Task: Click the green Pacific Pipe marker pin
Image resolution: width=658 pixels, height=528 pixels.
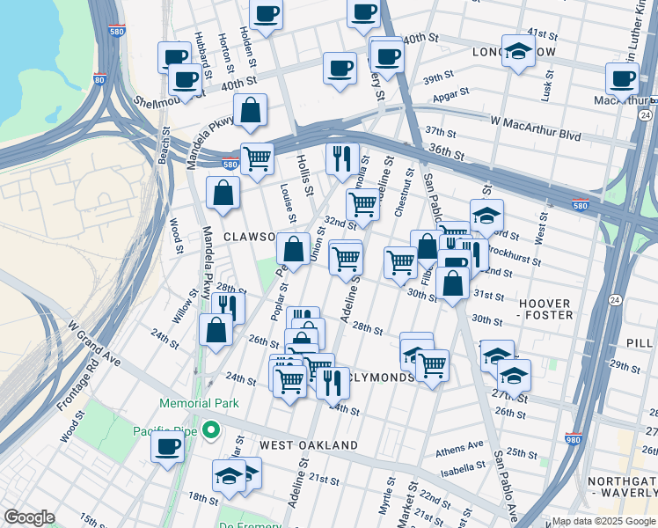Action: [209, 430]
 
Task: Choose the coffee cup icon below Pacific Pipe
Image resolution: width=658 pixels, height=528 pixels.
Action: [166, 446]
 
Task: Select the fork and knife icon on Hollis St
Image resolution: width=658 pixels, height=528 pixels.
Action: [341, 158]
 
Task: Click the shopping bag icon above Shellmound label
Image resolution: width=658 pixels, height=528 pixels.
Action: [251, 111]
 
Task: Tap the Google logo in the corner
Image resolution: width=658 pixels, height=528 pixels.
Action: [29, 517]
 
